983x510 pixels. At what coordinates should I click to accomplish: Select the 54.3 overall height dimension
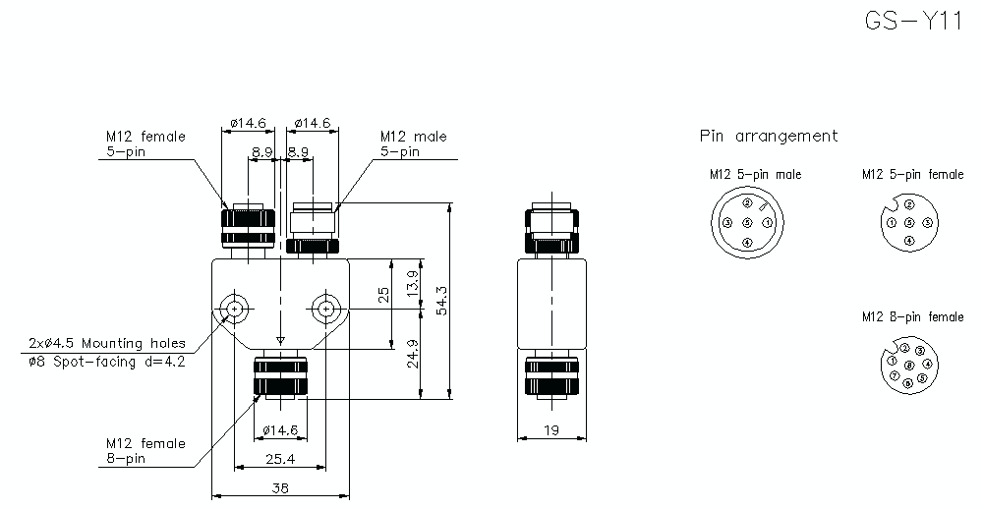[441, 301]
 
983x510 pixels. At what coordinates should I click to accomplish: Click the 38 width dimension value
[280, 486]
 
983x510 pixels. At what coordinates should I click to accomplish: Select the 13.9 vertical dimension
[412, 285]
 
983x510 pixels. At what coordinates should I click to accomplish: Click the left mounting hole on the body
[235, 309]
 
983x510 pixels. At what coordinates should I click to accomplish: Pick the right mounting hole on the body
[326, 309]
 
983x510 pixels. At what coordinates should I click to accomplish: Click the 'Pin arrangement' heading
[769, 137]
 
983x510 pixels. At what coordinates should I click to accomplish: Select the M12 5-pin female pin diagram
[909, 222]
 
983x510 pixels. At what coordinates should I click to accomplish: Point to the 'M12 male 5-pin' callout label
[413, 143]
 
